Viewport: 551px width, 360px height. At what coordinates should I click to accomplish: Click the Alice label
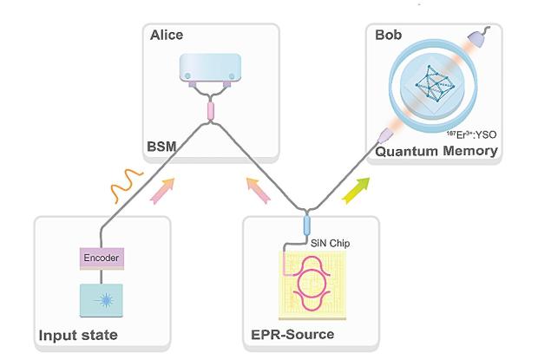click(x=166, y=36)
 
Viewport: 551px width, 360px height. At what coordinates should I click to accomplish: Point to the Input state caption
click(x=76, y=334)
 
